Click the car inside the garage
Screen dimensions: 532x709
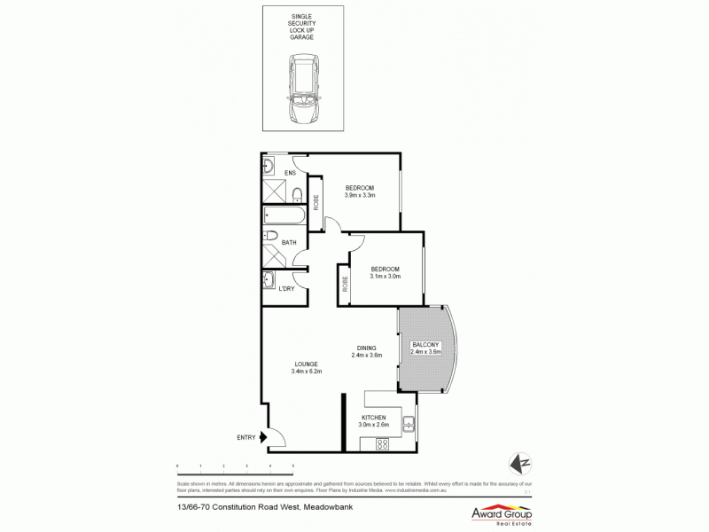click(x=301, y=90)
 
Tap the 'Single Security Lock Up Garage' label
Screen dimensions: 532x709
click(x=301, y=27)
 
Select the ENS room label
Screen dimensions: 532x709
click(x=289, y=173)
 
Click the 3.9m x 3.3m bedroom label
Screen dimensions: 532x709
click(x=360, y=192)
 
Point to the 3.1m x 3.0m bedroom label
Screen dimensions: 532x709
click(x=385, y=272)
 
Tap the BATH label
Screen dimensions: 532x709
click(x=289, y=242)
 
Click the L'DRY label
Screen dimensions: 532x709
click(x=286, y=289)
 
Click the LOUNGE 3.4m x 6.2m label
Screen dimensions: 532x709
click(x=307, y=367)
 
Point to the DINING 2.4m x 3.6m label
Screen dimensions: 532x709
click(x=366, y=352)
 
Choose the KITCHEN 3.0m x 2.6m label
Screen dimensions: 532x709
click(x=374, y=421)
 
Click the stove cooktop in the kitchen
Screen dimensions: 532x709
click(x=382, y=443)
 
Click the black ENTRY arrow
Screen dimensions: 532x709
click(x=263, y=436)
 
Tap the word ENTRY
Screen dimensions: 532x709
click(x=245, y=437)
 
